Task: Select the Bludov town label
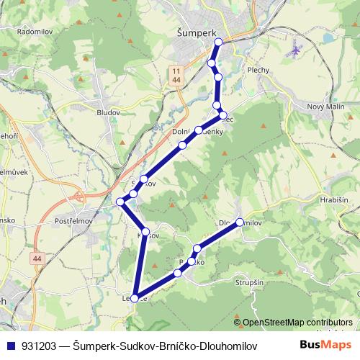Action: [x=109, y=112]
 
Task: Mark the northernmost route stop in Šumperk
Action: [x=218, y=42]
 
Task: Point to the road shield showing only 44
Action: [x=37, y=257]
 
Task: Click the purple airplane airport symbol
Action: [x=294, y=52]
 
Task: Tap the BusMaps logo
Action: [x=325, y=345]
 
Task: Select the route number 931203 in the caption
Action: [x=40, y=346]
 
